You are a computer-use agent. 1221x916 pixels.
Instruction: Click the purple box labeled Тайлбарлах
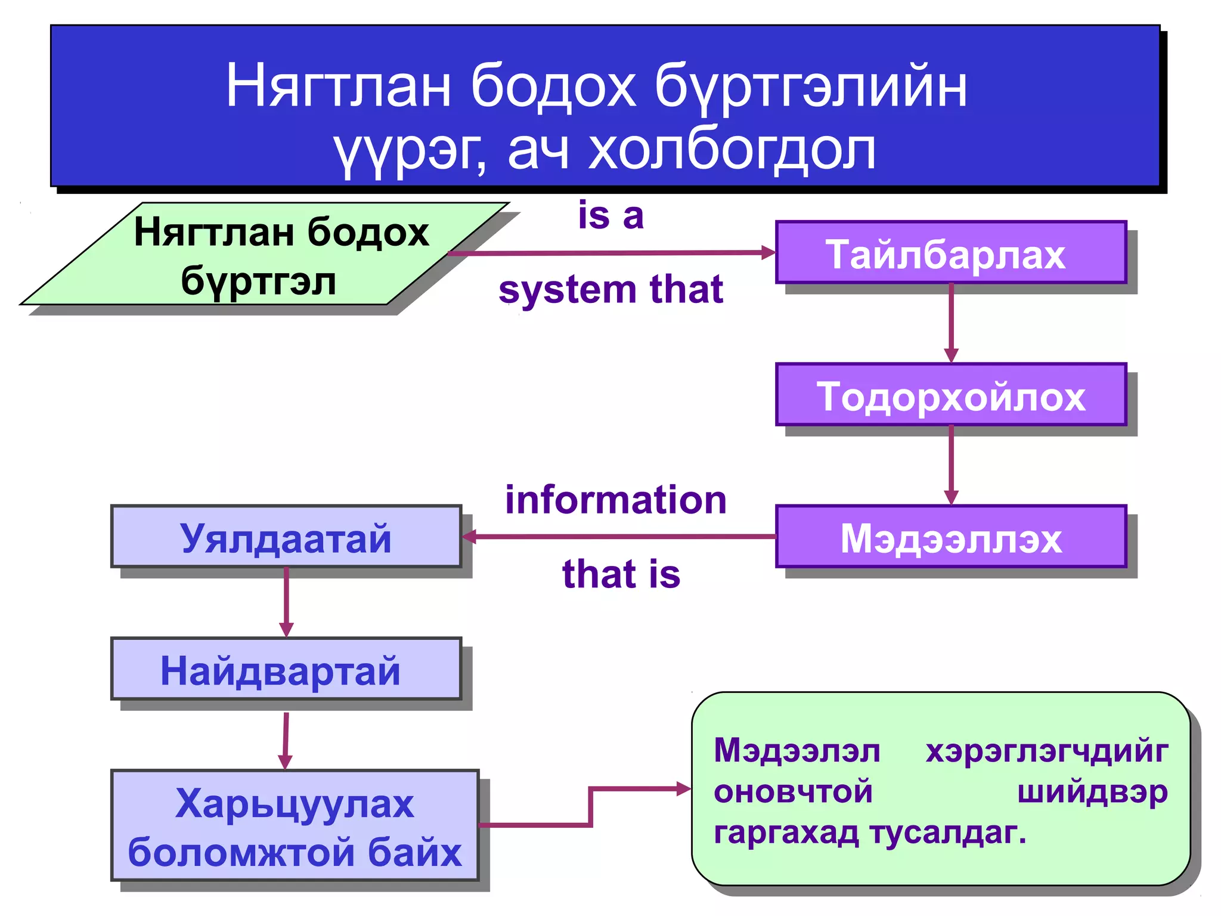point(950,252)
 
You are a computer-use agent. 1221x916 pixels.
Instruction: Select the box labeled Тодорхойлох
point(950,395)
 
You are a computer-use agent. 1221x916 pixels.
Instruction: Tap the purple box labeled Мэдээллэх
point(950,537)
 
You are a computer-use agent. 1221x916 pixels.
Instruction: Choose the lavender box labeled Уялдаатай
point(286,537)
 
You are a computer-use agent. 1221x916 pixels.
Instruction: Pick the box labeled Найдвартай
point(286,669)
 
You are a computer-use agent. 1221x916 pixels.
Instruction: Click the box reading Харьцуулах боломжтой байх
point(295,825)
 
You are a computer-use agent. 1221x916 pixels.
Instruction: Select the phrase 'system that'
point(610,290)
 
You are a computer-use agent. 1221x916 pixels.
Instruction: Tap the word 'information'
point(615,500)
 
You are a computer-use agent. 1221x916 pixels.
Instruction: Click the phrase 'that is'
point(621,574)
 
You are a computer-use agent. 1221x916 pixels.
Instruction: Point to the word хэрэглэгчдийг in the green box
point(1046,751)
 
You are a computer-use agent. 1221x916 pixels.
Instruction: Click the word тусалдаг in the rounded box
point(948,833)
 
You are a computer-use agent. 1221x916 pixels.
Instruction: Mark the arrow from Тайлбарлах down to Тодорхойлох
point(951,322)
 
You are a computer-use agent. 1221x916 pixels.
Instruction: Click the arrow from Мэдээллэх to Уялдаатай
point(620,537)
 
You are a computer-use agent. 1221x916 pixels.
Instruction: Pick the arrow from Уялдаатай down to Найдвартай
point(286,601)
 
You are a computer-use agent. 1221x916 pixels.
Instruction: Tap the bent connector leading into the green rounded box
point(590,805)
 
